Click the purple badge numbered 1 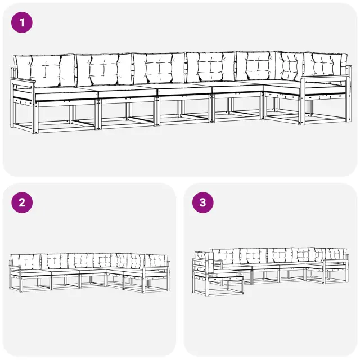[22, 22]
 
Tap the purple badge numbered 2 [22, 202]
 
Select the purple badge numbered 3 [202, 202]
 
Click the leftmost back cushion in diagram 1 [45, 70]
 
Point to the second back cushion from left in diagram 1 [105, 70]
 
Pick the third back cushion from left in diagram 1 [159, 68]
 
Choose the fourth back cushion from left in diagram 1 [210, 67]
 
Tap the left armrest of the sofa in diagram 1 [22, 81]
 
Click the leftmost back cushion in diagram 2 [26, 262]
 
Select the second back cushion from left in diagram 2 [55, 261]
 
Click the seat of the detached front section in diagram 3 [226, 274]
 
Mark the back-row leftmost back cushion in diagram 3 [226, 256]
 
